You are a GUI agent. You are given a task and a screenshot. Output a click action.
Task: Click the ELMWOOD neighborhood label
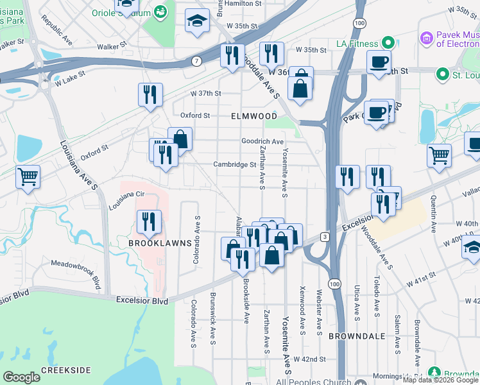coord(255,117)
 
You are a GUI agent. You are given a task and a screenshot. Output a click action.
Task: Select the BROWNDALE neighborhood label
coord(357,336)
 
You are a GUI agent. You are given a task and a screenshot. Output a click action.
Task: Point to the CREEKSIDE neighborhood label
coord(65,371)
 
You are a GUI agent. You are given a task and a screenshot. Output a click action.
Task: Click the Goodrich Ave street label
coord(262,141)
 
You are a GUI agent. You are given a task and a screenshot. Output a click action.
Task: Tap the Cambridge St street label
coord(235,164)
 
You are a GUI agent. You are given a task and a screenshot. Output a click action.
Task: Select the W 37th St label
coord(207,93)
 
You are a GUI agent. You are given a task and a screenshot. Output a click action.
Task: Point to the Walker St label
coord(113,46)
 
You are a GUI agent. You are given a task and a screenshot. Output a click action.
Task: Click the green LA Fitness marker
coord(388,43)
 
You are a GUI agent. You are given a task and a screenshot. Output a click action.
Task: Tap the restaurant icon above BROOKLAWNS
coord(148,222)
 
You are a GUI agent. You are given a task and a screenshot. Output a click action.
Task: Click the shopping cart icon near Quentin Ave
coord(439,155)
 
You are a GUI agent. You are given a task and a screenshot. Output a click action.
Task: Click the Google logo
coord(21,377)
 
